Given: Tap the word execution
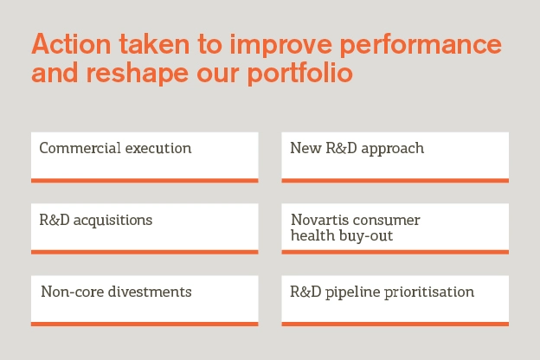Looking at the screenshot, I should click(x=157, y=148).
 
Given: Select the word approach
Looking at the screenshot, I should click(x=390, y=148).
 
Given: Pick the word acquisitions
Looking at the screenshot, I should click(x=113, y=220).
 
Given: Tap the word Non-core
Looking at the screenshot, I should click(x=70, y=292).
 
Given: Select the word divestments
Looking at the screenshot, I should click(x=148, y=292).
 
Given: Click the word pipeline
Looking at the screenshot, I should click(x=353, y=292).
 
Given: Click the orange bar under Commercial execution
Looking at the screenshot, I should click(x=145, y=180).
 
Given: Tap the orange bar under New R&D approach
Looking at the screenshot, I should click(x=395, y=180).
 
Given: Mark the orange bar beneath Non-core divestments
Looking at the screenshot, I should click(x=145, y=324).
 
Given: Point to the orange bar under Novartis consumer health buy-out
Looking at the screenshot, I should click(x=395, y=252).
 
